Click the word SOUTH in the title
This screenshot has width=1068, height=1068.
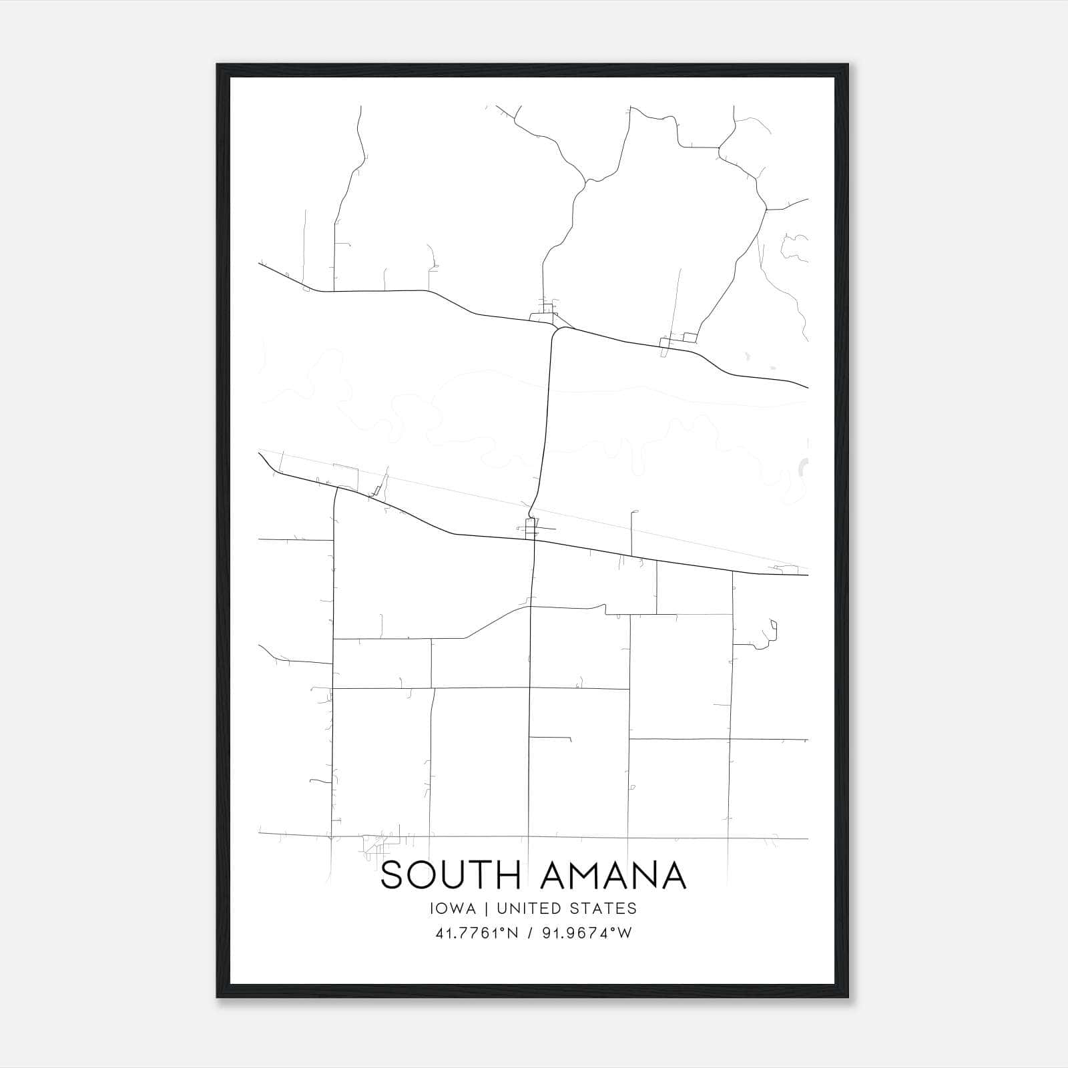450,875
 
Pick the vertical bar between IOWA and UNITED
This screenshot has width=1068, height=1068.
486,908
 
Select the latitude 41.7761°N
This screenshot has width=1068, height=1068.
477,933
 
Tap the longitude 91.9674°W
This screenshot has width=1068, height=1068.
587,933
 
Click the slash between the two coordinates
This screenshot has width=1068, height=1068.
531,933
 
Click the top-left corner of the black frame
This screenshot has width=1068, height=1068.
218,65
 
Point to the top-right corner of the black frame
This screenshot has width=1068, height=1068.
848,65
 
